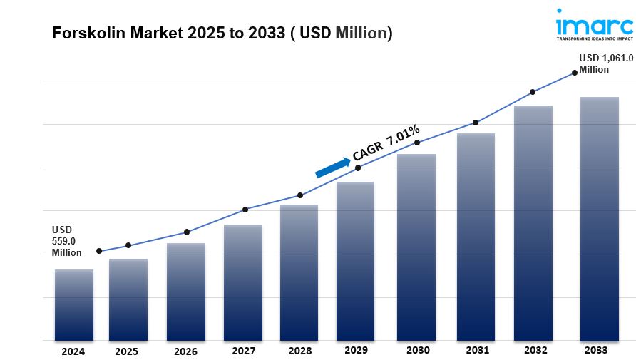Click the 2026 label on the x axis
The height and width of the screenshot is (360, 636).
[185, 351]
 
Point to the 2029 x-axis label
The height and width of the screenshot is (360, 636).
[356, 351]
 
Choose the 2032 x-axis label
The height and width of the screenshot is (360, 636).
[535, 351]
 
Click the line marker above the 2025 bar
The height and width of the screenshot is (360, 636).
[128, 245]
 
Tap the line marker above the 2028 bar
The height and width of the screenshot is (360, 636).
[300, 195]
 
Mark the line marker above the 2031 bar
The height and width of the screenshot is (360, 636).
[475, 123]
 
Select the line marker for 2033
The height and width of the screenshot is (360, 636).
[574, 72]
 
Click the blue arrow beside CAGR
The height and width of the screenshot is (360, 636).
[332, 168]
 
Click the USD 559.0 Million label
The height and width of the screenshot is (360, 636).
[66, 241]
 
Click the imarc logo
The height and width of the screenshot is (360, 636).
[594, 25]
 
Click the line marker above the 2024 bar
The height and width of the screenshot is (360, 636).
[99, 251]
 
